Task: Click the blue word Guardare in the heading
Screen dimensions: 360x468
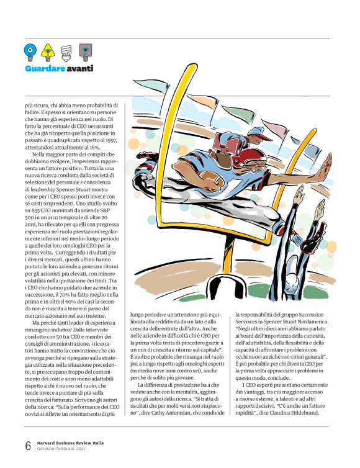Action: tap(45, 68)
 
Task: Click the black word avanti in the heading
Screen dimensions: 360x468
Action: tap(80, 68)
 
